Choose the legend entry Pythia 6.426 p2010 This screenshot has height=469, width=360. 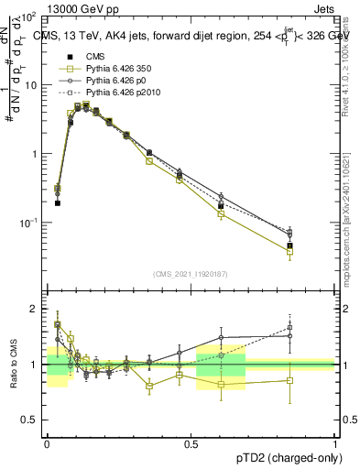click(117, 93)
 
